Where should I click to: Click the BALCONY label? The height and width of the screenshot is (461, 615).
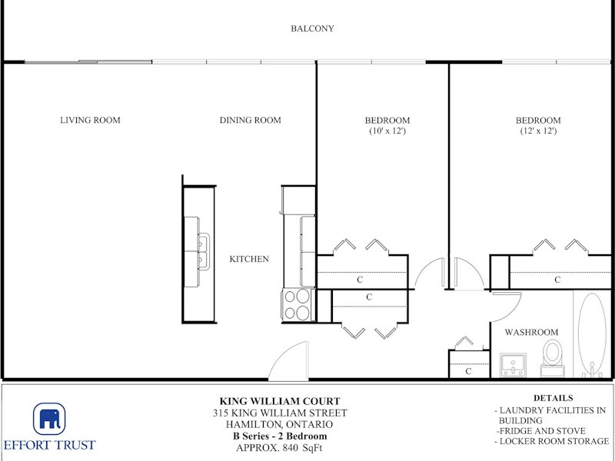(x=312, y=28)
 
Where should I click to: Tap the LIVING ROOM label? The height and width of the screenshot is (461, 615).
(x=90, y=121)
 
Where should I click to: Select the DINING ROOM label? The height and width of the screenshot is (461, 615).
(x=251, y=121)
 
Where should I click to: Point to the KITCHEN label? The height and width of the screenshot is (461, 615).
(x=249, y=259)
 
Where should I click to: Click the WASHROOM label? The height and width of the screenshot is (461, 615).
(x=531, y=333)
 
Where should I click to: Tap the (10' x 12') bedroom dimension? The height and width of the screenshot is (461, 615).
(x=387, y=131)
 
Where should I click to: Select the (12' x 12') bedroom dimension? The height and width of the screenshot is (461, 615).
(x=538, y=131)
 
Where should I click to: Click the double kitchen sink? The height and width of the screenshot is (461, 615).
(x=204, y=251)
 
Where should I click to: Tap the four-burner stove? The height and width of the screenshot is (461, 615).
(x=298, y=304)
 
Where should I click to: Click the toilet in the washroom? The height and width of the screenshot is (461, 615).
(x=552, y=358)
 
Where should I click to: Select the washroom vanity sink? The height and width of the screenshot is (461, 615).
(x=513, y=364)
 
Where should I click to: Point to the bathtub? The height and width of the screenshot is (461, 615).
(x=592, y=334)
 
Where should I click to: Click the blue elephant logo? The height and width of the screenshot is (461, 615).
(x=49, y=419)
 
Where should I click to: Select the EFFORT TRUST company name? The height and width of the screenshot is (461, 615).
(x=49, y=446)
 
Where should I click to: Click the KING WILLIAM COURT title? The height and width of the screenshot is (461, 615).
(x=280, y=401)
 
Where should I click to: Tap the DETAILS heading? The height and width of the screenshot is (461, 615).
(x=553, y=398)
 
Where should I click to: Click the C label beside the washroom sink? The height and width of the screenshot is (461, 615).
(x=468, y=371)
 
